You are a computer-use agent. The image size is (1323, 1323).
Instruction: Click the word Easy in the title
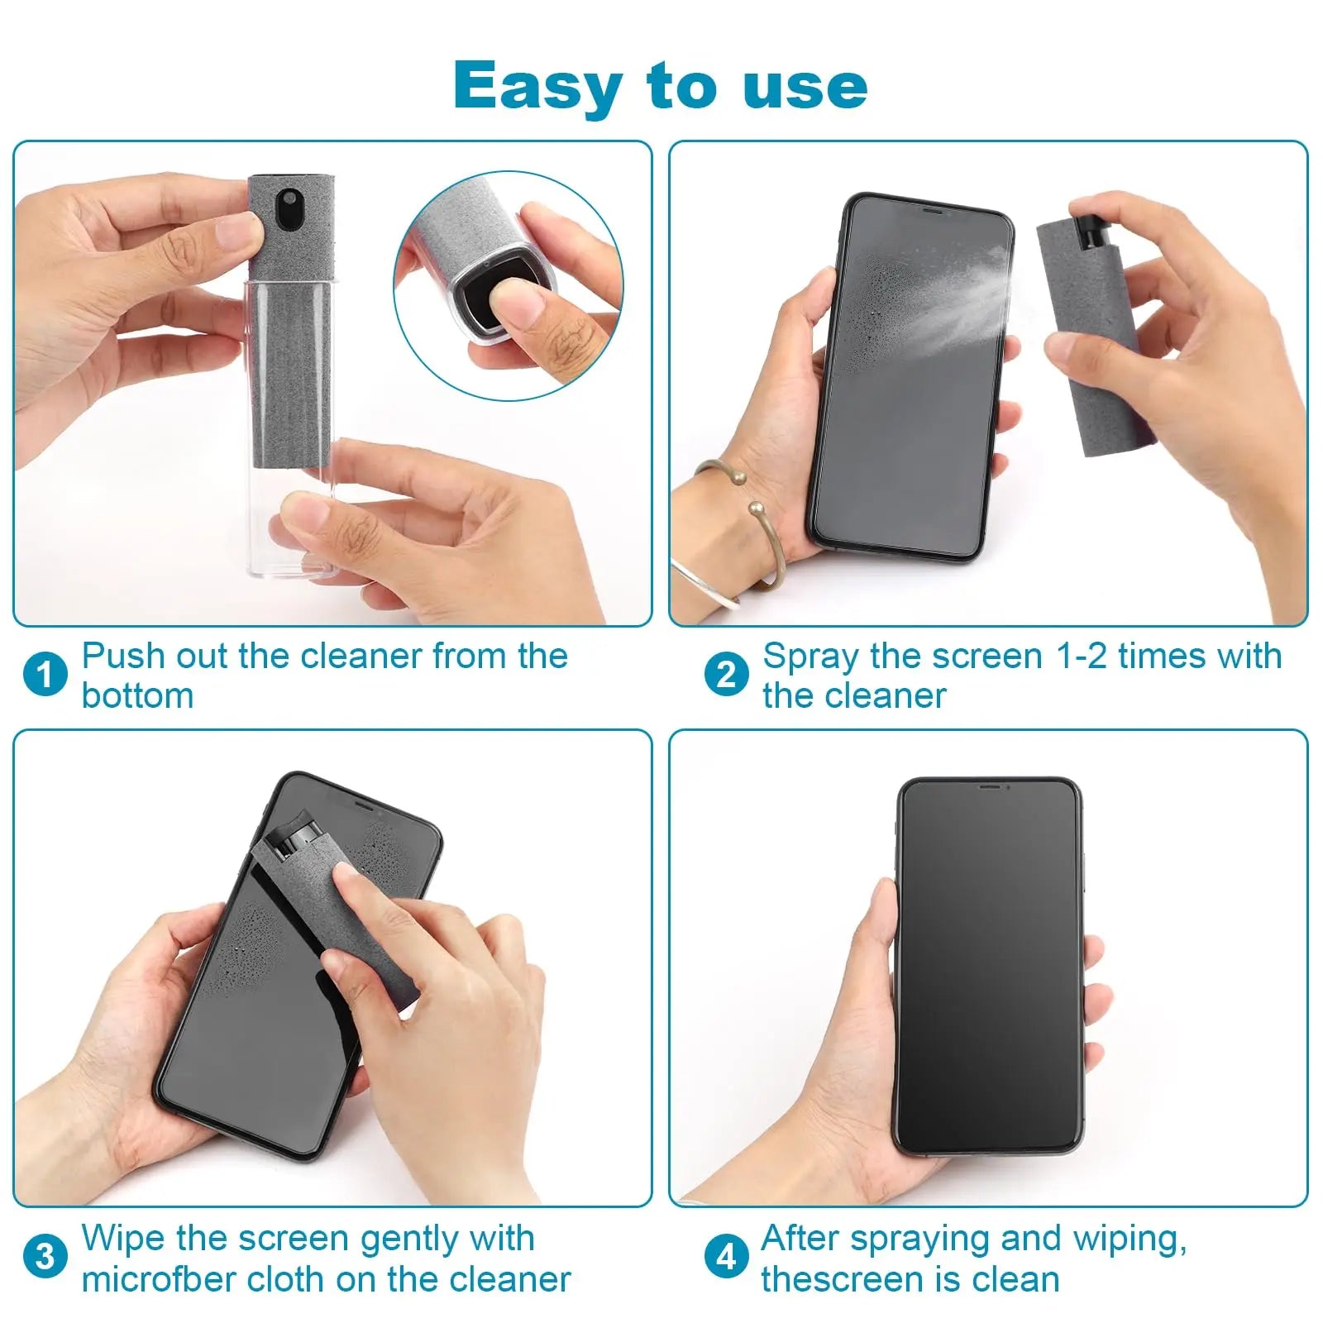click(537, 86)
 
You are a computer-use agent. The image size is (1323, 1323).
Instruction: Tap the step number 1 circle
click(45, 674)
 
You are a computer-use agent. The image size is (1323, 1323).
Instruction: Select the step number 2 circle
click(726, 674)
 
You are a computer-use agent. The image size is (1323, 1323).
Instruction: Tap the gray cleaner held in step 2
click(1091, 347)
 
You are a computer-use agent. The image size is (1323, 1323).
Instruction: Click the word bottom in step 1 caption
click(137, 695)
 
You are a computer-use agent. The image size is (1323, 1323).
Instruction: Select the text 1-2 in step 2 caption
click(1082, 657)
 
